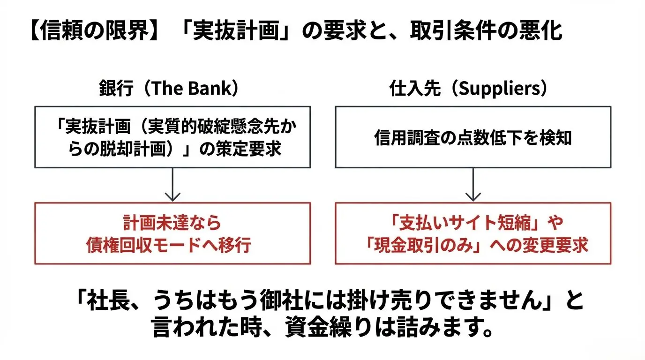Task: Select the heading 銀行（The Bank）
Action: coord(169,89)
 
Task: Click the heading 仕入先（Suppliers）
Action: coord(469,89)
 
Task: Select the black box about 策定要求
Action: coord(172,137)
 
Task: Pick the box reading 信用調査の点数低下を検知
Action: coord(473,137)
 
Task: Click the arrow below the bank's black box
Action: coord(173,185)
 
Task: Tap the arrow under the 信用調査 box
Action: coord(473,185)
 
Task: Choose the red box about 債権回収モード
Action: coord(172,233)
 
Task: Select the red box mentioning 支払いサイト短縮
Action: coord(473,233)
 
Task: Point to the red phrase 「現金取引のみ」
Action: coord(411,245)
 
